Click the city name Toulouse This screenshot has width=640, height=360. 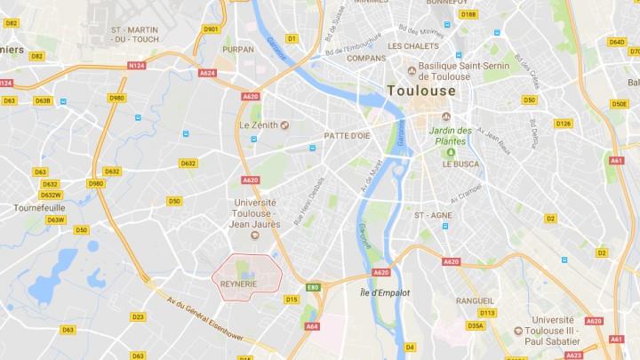click(x=421, y=90)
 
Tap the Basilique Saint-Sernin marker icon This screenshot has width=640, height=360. click(x=412, y=71)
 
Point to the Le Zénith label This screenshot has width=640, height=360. click(x=259, y=125)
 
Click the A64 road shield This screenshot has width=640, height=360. click(x=311, y=326)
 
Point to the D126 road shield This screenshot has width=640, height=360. click(x=563, y=124)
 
